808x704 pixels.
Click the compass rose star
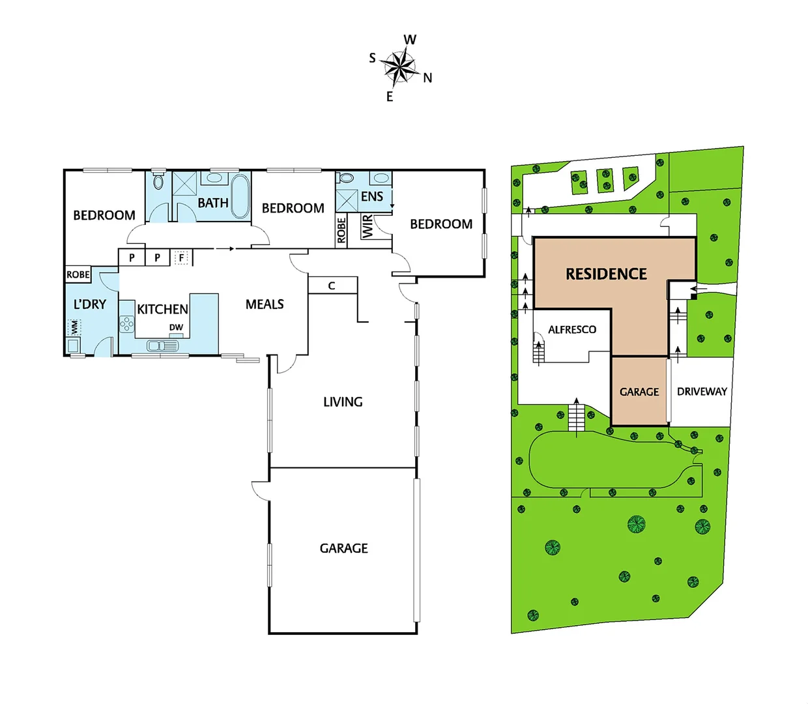click(399, 66)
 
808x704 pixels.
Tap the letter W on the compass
click(410, 40)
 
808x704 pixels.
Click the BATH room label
click(213, 203)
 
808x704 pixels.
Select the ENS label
click(372, 196)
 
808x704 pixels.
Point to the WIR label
click(368, 226)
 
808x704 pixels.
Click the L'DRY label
click(90, 304)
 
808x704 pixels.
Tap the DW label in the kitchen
click(176, 327)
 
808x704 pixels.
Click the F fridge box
click(181, 257)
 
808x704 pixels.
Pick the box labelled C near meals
click(332, 286)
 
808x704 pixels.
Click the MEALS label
click(265, 304)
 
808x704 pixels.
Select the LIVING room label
click(343, 402)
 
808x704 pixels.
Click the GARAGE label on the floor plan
click(343, 548)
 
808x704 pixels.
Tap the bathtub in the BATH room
click(240, 196)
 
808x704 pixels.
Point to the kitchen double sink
click(162, 345)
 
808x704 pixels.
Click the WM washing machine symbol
click(74, 327)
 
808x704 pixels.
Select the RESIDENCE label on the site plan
click(606, 274)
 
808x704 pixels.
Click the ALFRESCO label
click(572, 329)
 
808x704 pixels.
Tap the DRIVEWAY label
click(702, 391)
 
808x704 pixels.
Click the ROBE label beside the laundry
click(78, 274)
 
